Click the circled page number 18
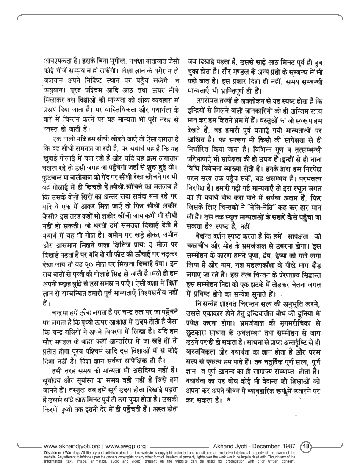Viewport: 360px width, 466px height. (306, 446)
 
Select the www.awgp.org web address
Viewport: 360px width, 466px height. (126, 446)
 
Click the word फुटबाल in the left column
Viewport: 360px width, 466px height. (58, 175)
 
